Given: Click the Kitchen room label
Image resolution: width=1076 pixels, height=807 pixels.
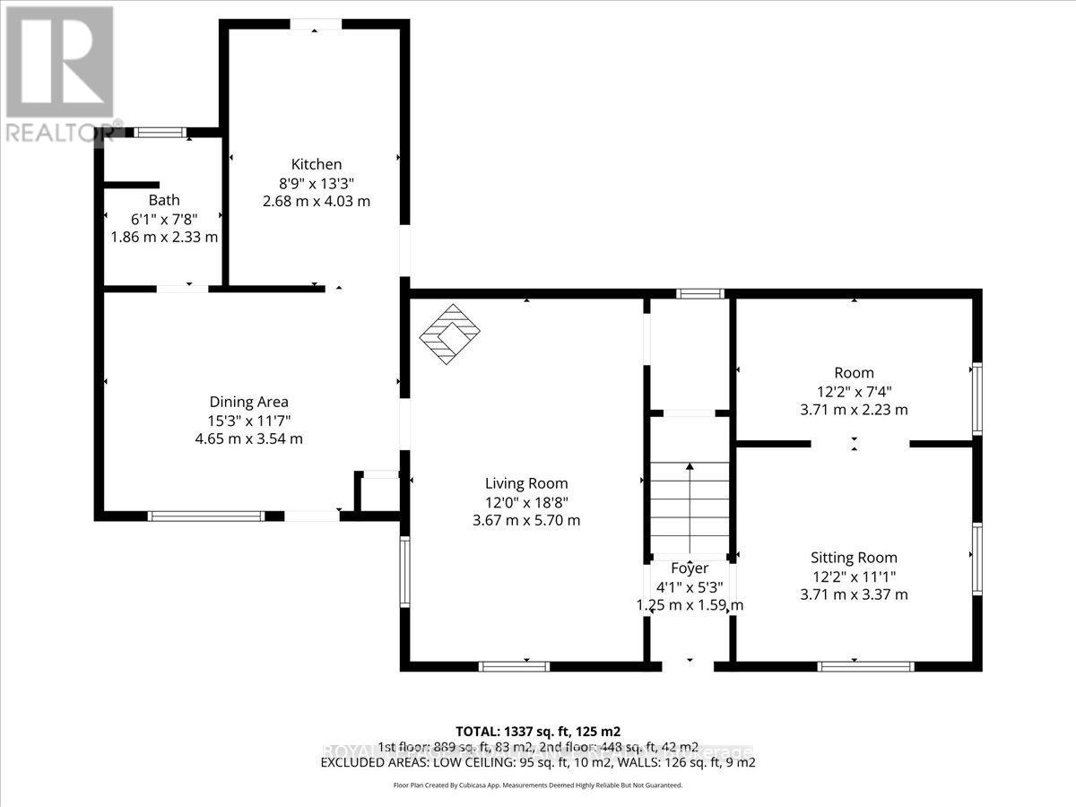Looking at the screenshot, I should coord(316,164).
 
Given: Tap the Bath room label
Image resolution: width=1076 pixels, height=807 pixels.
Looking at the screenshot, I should coord(164,200).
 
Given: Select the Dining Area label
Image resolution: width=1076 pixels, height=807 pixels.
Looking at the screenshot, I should coord(248,402).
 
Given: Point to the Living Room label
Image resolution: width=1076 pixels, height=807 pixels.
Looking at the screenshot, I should coord(527,483).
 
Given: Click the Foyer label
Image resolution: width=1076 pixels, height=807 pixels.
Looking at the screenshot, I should coord(690,568).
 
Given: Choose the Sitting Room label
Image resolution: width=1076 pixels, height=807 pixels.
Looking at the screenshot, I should coord(854,557).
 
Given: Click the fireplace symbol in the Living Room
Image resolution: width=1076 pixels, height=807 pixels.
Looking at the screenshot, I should coord(449,333).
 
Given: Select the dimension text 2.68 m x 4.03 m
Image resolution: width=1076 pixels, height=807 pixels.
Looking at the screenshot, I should coord(316,201).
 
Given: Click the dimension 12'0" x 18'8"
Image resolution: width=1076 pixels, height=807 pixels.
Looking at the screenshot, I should coord(527,502).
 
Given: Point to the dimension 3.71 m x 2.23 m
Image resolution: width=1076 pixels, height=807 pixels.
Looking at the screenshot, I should coord(854,410).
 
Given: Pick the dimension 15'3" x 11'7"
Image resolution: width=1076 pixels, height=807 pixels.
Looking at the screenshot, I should coord(248,421).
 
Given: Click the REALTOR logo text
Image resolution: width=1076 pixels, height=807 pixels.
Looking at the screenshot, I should coord(63,133).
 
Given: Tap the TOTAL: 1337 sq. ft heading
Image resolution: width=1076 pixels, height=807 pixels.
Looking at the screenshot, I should coord(538,731).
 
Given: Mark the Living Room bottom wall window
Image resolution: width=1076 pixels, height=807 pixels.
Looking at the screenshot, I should coord(513,666).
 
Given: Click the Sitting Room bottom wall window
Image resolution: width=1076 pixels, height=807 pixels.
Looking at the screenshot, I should coord(866,666).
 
